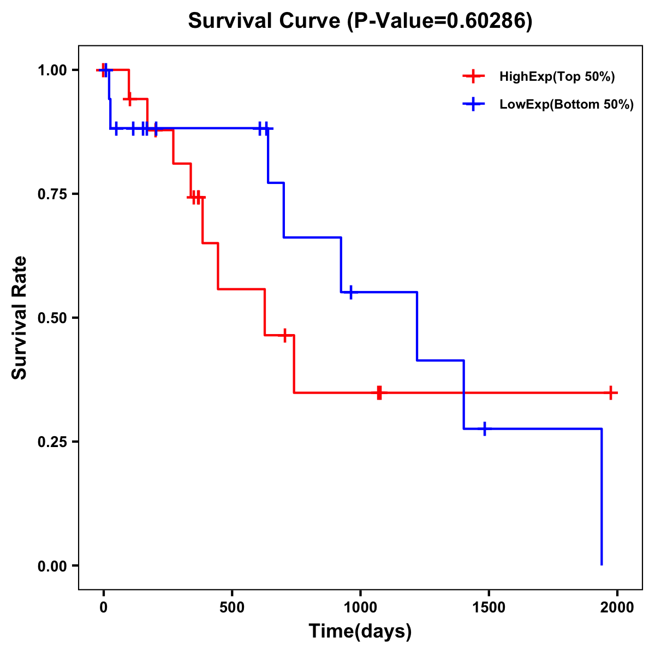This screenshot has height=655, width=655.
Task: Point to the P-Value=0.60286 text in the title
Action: coord(441,21)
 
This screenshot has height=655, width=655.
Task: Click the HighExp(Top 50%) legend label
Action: coord(557,77)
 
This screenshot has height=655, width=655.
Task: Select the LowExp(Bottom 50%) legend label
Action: coord(567,105)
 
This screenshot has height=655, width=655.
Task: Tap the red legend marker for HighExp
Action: coord(473,77)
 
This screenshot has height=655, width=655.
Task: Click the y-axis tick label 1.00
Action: coord(52,70)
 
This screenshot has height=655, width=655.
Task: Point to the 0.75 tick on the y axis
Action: coord(52,194)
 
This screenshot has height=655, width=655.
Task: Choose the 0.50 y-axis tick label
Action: coord(52,318)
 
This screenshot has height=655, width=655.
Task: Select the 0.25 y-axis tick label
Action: coord(52,442)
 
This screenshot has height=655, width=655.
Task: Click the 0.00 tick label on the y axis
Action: coord(52,566)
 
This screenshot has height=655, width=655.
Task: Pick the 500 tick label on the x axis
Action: coord(232,608)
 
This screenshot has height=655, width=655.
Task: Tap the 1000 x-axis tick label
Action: coord(360,608)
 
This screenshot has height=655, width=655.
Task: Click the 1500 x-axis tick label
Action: coord(489,608)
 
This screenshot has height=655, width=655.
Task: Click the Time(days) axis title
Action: coord(360,632)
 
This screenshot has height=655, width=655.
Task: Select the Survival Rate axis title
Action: coord(20,318)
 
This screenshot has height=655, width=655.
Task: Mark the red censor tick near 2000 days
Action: coord(611,392)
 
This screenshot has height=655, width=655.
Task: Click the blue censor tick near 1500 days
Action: coord(484,429)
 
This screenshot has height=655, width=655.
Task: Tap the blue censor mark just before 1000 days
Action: coord(350,292)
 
